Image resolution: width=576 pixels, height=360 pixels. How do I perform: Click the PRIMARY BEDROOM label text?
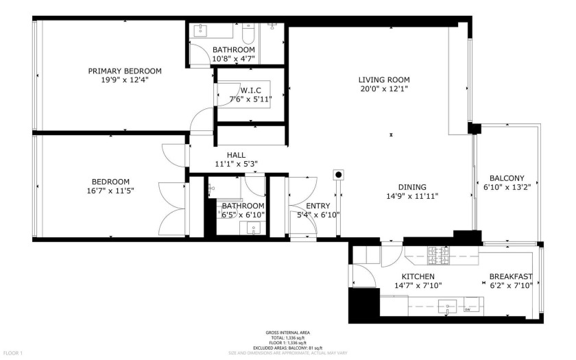(124, 71)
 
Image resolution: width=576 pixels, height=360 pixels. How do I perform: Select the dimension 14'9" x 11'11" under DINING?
(411, 196)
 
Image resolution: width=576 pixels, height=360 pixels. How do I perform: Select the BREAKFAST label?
(510, 277)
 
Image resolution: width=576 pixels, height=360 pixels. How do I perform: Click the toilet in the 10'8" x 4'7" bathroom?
(249, 32)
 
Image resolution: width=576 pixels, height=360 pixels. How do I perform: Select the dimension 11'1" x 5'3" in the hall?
(235, 164)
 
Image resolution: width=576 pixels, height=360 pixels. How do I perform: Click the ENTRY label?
(317, 206)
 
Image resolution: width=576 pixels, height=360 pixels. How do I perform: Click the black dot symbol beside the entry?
(338, 175)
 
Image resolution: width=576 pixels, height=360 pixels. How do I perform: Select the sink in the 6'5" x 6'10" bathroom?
(254, 230)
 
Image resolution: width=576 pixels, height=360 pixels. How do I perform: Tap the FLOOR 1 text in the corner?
(12, 353)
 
